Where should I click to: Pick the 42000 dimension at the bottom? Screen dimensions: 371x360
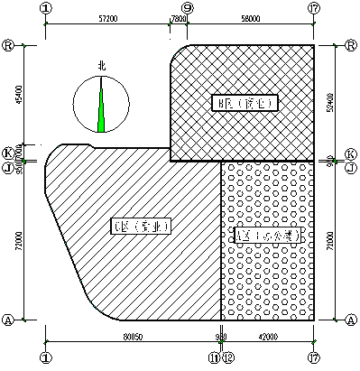[x=267, y=336]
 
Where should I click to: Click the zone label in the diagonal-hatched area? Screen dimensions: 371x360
[x=141, y=225]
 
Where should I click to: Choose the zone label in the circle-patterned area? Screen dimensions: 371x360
[x=266, y=235]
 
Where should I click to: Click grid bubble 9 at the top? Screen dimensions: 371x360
[x=187, y=7]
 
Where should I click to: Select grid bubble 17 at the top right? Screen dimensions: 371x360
[x=313, y=7]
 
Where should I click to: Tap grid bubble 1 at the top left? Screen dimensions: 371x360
[x=46, y=7]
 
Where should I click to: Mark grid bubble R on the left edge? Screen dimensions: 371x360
[x=8, y=43]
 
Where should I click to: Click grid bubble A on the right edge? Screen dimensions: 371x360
[x=351, y=320]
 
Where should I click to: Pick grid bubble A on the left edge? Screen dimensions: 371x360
[x=8, y=320]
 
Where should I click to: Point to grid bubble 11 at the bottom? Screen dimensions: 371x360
[x=216, y=357]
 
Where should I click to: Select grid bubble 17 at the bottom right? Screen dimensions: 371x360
[x=313, y=357]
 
